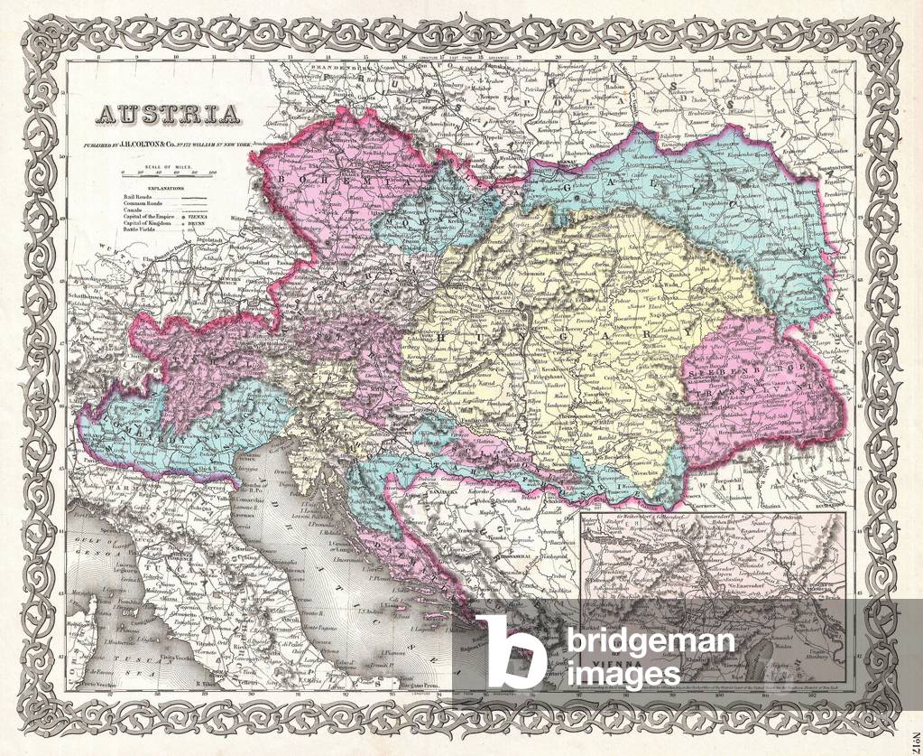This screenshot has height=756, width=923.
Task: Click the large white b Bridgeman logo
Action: (509, 652)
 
